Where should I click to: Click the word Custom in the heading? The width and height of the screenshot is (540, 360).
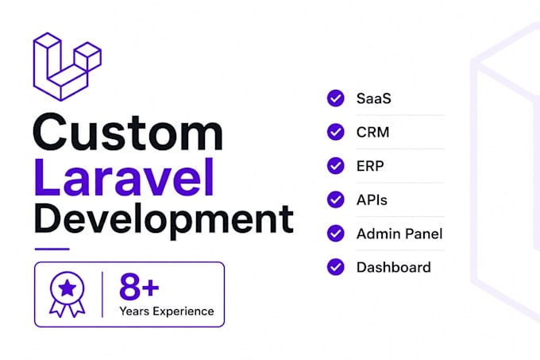128,132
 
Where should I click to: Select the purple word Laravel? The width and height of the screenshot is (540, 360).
124,177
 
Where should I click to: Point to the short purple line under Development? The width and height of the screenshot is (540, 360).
52,249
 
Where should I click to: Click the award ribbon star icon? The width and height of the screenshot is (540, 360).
67,294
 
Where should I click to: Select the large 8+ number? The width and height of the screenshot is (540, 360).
139,287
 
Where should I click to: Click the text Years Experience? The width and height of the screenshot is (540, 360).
167,311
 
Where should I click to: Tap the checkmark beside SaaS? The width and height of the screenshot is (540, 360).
335,99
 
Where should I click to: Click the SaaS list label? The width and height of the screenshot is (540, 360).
374,99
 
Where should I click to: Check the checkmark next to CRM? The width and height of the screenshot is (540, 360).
335,132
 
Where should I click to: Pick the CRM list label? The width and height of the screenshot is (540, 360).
373,132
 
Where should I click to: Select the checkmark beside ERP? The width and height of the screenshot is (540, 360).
335,166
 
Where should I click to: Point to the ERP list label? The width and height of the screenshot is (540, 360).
370,166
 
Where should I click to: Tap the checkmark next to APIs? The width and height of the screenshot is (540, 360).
335,199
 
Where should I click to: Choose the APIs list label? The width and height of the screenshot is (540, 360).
372,199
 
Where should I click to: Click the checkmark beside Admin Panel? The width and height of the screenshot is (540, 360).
335,233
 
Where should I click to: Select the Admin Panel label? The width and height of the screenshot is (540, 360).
399,234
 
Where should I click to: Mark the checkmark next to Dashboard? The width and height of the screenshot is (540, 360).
335,267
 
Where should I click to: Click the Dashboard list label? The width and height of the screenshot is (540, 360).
394,267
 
